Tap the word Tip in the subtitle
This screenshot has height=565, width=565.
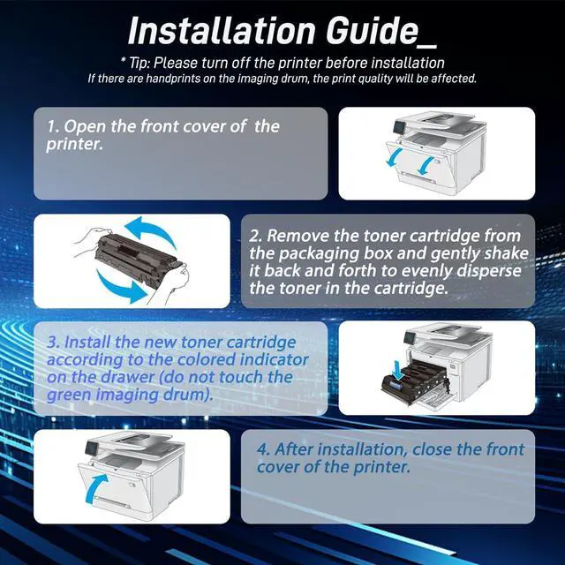[138, 64]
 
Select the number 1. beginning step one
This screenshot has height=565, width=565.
[53, 126]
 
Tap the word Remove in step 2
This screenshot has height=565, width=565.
[297, 236]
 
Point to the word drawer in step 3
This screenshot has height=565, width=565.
[127, 377]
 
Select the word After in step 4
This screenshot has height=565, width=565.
[293, 449]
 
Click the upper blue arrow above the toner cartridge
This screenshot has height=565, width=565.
[151, 230]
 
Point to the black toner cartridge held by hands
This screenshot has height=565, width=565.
[139, 260]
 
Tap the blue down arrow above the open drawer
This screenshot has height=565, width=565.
[399, 371]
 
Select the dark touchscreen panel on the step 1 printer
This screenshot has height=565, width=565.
[398, 127]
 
